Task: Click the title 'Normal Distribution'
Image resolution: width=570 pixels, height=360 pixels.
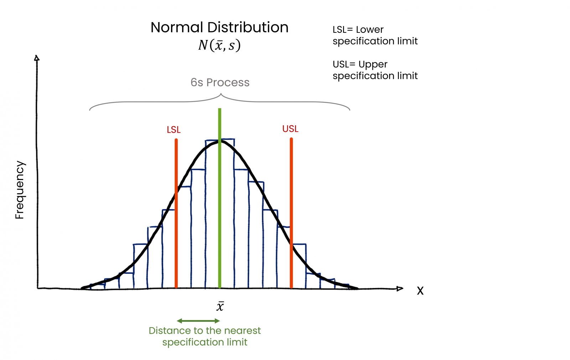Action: pyautogui.click(x=219, y=27)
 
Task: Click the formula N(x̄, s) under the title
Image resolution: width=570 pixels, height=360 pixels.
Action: pyautogui.click(x=219, y=45)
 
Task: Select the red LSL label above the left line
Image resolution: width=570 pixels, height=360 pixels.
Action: pyautogui.click(x=173, y=130)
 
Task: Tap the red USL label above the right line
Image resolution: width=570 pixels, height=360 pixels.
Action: pyautogui.click(x=290, y=129)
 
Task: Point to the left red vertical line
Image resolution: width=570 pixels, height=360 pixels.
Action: pyautogui.click(x=176, y=232)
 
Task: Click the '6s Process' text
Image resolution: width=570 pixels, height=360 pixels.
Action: pyautogui.click(x=220, y=82)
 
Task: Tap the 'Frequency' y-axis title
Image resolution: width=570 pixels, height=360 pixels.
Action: pyautogui.click(x=19, y=190)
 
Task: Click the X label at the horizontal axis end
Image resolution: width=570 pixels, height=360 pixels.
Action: pyautogui.click(x=420, y=291)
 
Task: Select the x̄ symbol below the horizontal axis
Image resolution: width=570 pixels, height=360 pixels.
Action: pyautogui.click(x=220, y=307)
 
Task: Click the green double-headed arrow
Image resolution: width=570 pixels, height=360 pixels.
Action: pyautogui.click(x=198, y=321)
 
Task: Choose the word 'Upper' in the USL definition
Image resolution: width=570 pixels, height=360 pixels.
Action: pyautogui.click(x=373, y=65)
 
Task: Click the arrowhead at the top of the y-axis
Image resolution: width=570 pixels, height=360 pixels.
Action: pyautogui.click(x=36, y=58)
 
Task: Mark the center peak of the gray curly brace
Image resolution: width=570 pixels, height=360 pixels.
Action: pyautogui.click(x=221, y=94)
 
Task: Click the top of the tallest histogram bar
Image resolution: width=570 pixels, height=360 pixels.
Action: pyautogui.click(x=220, y=139)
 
